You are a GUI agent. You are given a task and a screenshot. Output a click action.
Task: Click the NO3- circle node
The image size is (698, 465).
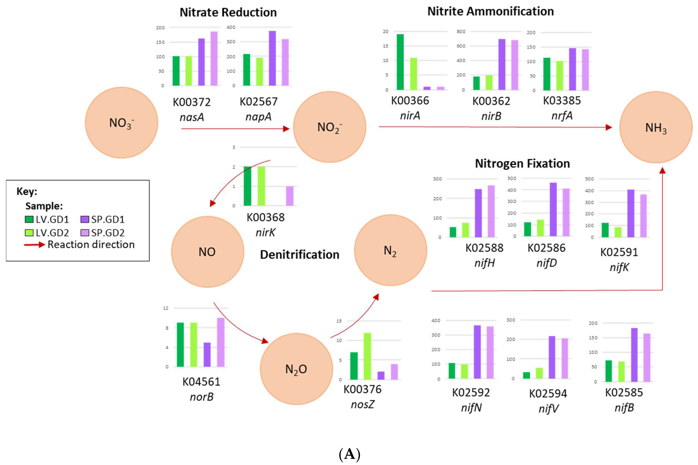(121, 122)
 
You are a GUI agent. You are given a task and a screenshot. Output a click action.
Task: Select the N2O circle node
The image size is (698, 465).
(296, 369)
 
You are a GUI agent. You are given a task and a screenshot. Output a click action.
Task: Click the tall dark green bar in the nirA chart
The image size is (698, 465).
(400, 62)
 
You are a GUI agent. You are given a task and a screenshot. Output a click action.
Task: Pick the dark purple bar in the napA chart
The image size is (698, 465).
(272, 58)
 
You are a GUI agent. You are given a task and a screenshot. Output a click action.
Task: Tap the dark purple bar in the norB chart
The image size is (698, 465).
(207, 355)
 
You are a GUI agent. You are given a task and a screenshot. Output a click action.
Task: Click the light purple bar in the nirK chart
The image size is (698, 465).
(290, 196)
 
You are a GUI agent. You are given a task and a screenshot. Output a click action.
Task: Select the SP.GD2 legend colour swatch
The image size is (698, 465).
(85, 233)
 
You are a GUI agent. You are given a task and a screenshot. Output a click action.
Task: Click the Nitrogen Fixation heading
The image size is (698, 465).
(522, 164)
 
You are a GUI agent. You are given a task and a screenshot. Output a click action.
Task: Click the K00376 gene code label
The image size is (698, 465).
(362, 389)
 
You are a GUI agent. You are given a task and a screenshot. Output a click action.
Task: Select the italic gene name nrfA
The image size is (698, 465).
(562, 116)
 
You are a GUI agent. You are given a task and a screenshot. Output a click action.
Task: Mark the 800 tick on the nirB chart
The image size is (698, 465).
(461, 31)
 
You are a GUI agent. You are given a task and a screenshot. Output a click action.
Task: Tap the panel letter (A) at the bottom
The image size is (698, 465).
(349, 455)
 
